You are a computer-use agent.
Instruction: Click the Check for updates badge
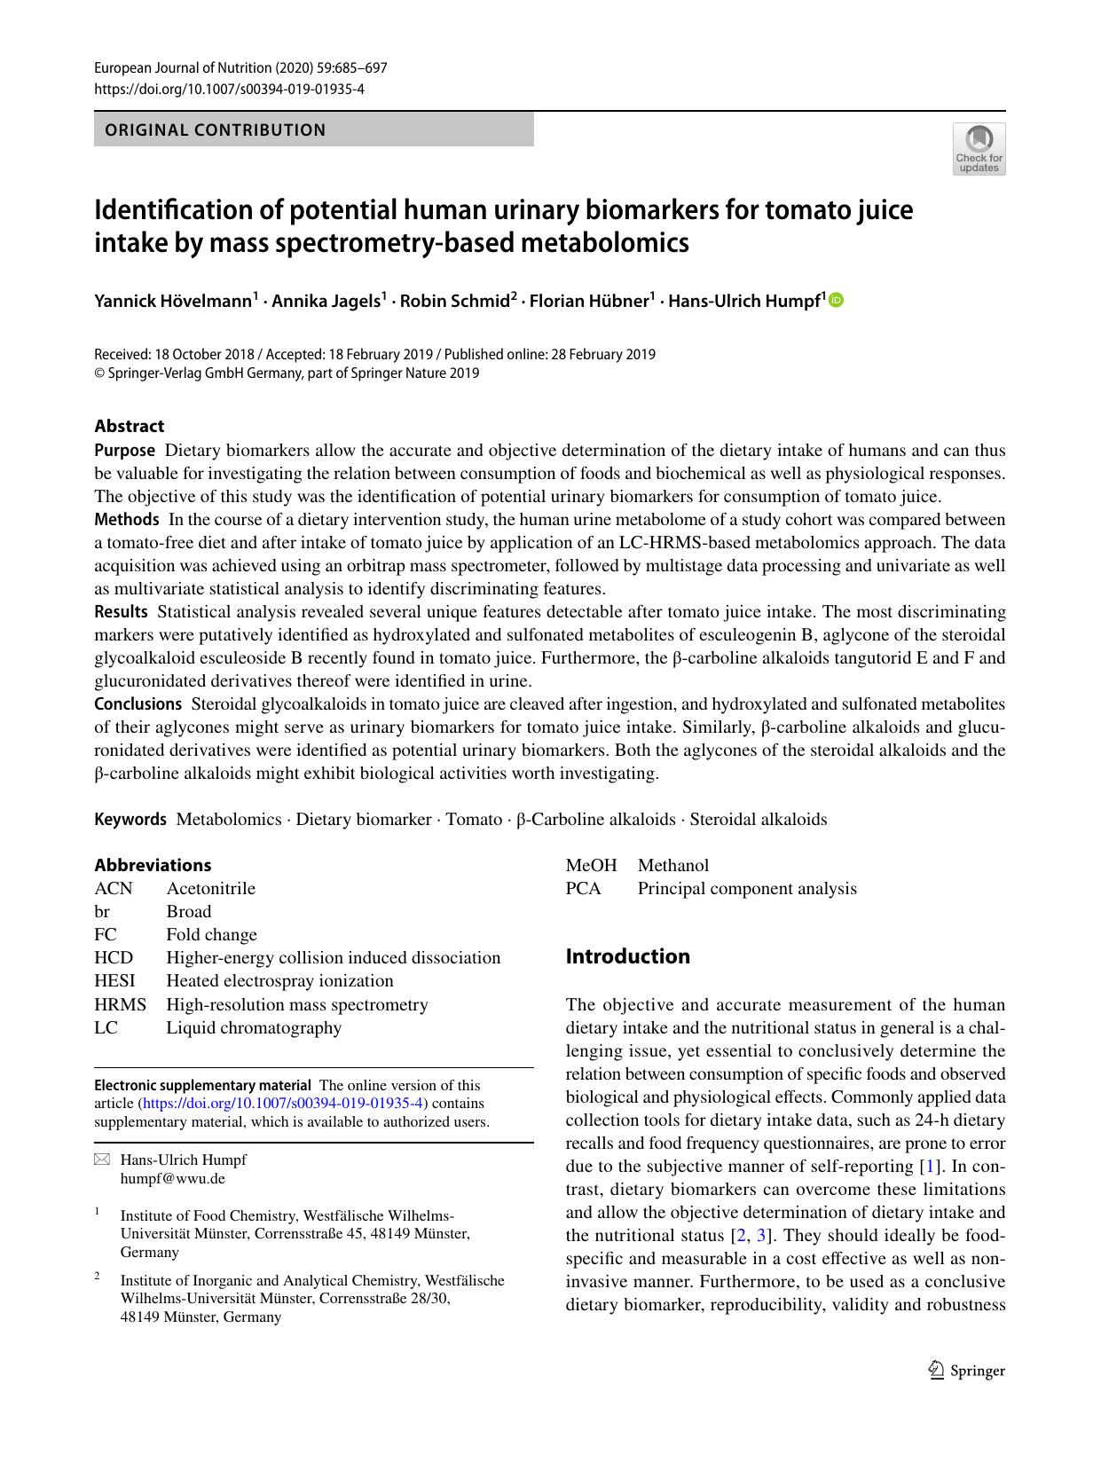(979, 148)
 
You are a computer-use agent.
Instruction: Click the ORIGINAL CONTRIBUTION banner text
(216, 130)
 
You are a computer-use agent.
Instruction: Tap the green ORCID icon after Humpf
(836, 301)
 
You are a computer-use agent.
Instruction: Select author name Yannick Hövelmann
(173, 302)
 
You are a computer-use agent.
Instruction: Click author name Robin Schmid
(453, 302)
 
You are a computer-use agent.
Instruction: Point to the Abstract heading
(130, 426)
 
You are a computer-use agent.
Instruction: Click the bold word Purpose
(124, 450)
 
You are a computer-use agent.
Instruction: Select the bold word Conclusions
(138, 703)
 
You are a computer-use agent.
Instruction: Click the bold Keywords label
(130, 819)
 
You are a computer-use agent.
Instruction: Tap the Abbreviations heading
(153, 865)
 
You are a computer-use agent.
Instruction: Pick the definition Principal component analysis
(747, 888)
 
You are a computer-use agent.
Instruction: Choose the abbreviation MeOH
(591, 865)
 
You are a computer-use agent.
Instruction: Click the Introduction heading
(627, 956)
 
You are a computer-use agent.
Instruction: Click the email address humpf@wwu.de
(172, 1179)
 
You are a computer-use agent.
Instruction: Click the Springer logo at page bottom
(966, 1371)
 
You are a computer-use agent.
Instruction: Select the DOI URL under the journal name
(229, 89)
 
